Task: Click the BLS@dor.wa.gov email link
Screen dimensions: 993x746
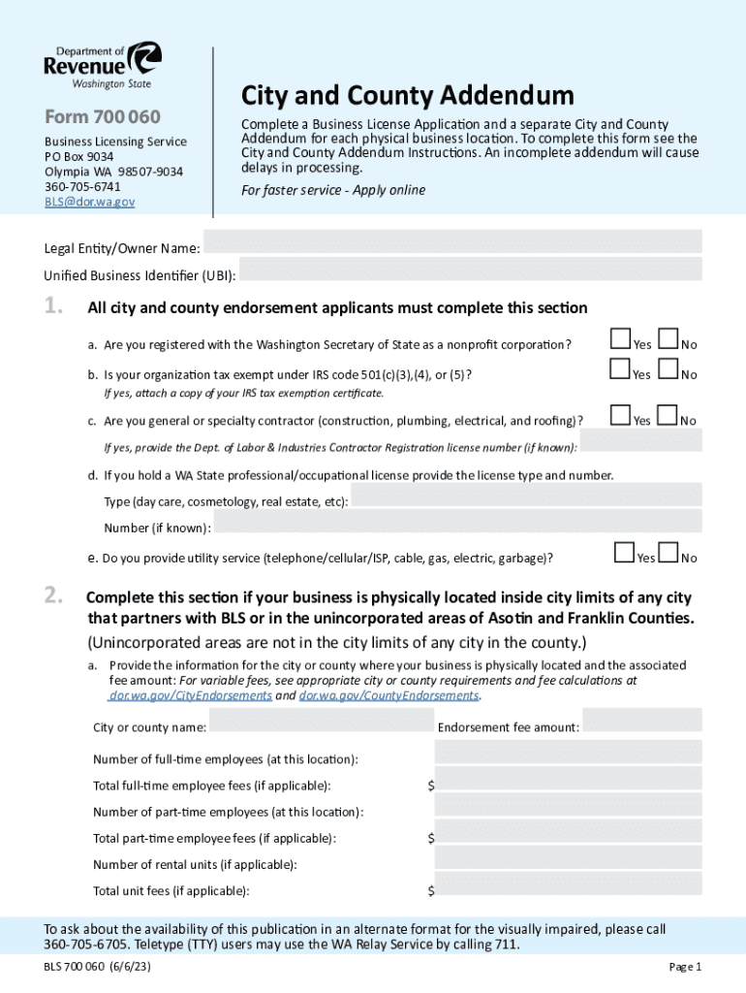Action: pyautogui.click(x=89, y=202)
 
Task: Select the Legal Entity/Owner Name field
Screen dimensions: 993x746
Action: pyautogui.click(x=452, y=241)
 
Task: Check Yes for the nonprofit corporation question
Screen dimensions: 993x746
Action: pyautogui.click(x=620, y=338)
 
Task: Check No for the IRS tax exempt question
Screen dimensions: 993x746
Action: pyautogui.click(x=668, y=368)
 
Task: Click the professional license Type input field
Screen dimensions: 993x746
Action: pyautogui.click(x=526, y=497)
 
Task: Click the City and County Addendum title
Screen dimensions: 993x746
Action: pyautogui.click(x=407, y=95)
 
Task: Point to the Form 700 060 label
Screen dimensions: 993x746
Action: pyautogui.click(x=102, y=117)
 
